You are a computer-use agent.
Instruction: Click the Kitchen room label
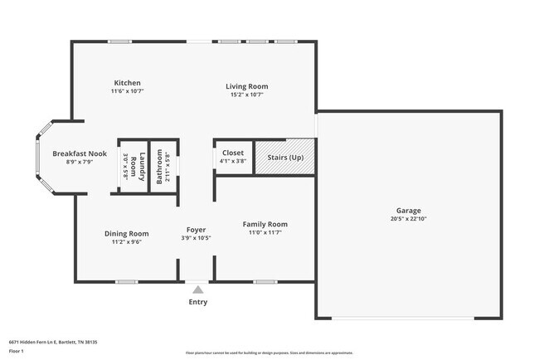pyautogui.click(x=128, y=83)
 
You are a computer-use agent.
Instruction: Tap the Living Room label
pyautogui.click(x=248, y=86)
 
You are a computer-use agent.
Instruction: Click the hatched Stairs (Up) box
pyautogui.click(x=284, y=157)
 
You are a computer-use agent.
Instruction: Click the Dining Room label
pyautogui.click(x=127, y=234)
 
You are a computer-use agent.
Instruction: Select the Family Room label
pyautogui.click(x=265, y=224)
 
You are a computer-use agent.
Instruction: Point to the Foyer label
pyautogui.click(x=196, y=230)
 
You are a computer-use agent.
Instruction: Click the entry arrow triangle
pyautogui.click(x=197, y=289)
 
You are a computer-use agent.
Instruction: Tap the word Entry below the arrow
pyautogui.click(x=197, y=303)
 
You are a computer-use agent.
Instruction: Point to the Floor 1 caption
pyautogui.click(x=16, y=351)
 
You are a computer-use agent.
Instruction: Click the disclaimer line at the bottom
pyautogui.click(x=269, y=353)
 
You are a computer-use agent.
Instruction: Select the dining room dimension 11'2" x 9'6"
pyautogui.click(x=127, y=243)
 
